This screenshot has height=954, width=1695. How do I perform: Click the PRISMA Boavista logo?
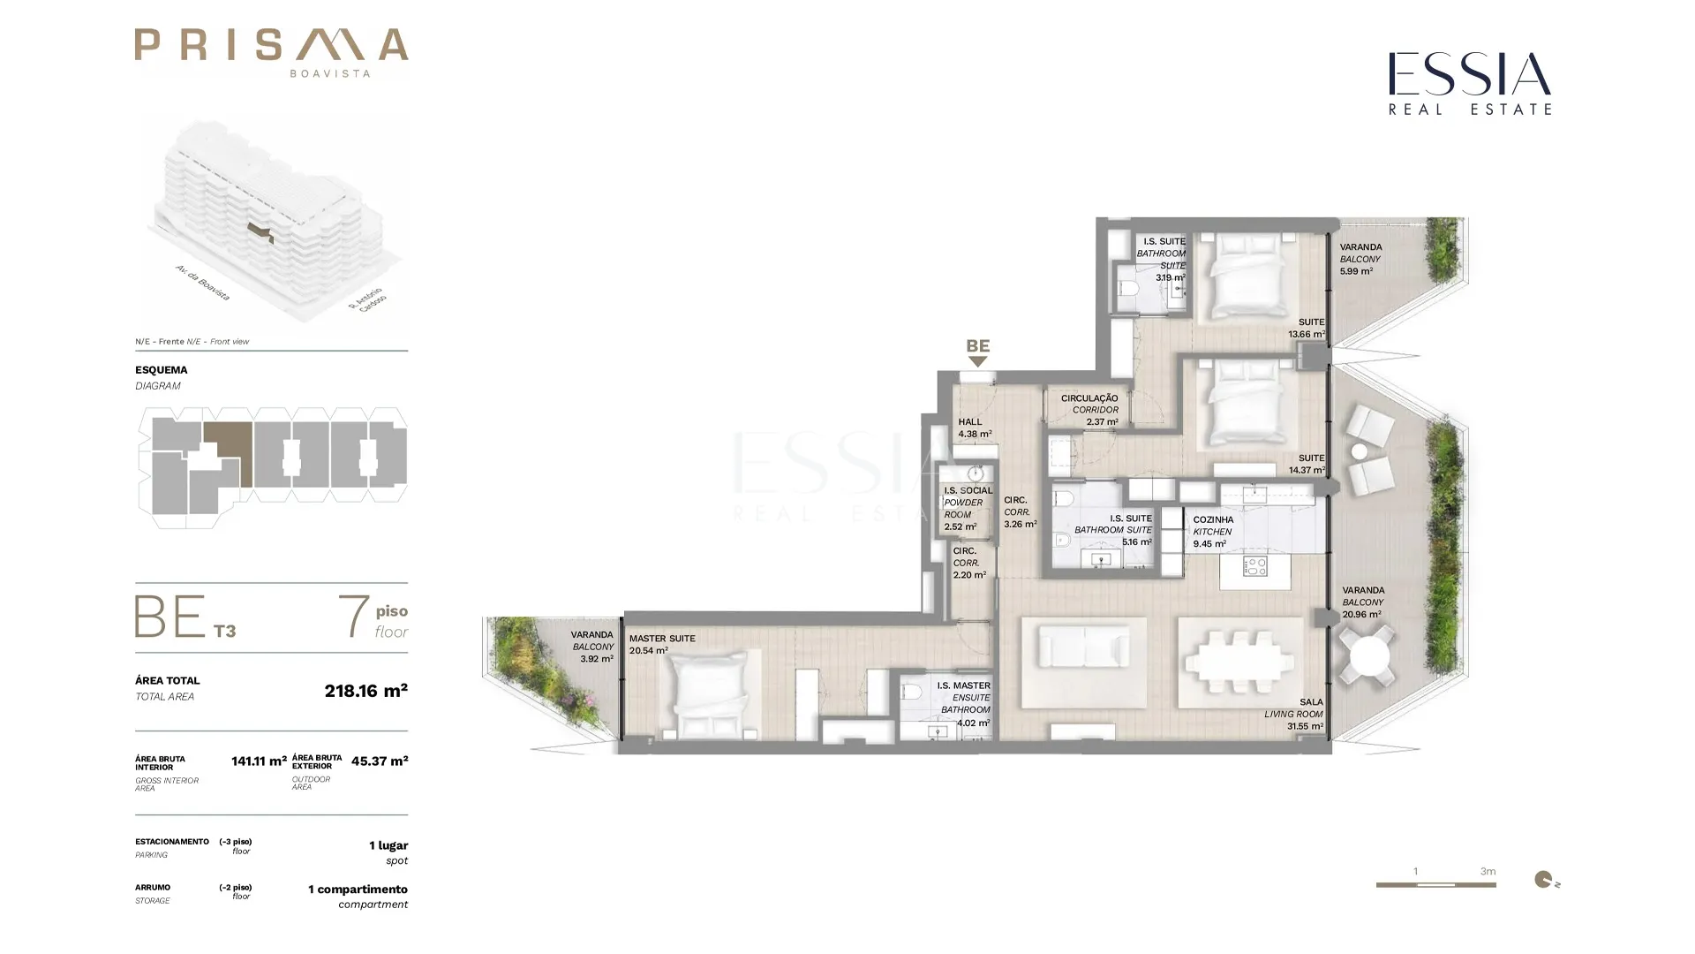271,52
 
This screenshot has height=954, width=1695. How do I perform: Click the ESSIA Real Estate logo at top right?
1470,83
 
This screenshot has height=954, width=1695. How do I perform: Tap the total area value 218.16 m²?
366,691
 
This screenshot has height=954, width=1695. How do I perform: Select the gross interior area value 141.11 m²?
259,761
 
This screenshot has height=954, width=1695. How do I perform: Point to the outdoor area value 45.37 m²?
380,761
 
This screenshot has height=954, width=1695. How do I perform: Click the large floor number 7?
353,616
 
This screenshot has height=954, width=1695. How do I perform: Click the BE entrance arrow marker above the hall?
977,361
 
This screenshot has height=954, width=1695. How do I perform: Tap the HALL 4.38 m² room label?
975,428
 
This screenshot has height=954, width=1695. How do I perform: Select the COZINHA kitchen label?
1213,532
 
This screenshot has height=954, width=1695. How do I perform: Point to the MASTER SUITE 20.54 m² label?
662,645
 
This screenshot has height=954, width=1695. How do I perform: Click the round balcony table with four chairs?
1368,656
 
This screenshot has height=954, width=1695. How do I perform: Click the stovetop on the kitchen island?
1254,567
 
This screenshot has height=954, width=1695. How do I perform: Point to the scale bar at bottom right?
1435,884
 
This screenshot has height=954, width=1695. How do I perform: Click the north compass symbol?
1545,879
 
